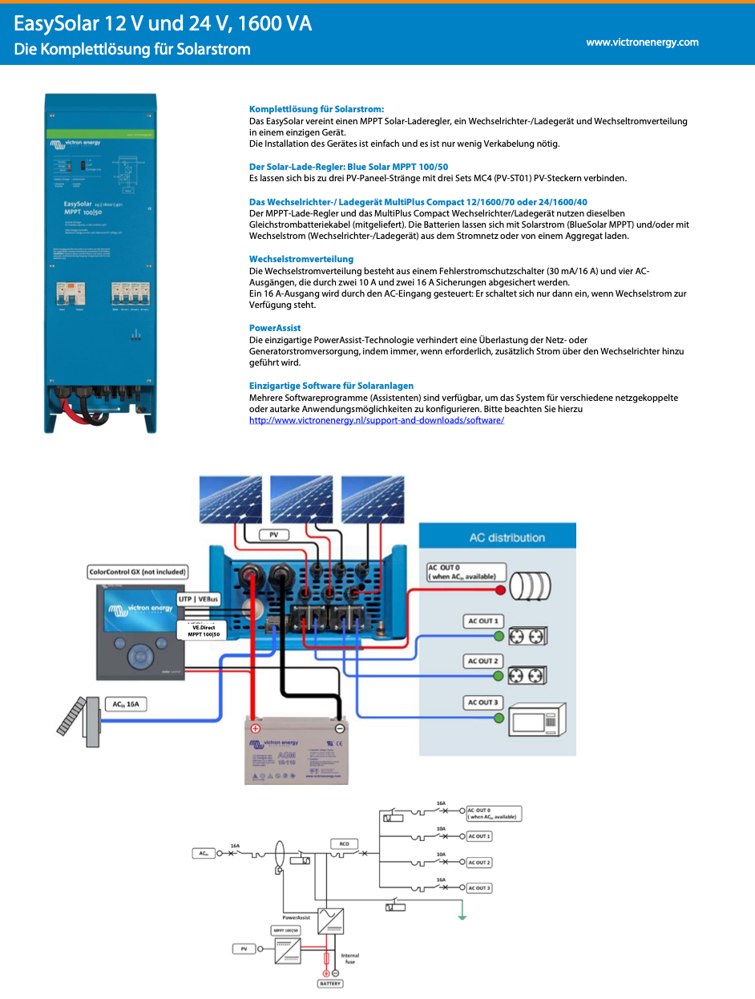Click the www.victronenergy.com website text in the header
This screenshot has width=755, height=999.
(642, 42)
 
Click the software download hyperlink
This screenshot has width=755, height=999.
(377, 420)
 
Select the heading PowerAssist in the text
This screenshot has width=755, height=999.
(275, 328)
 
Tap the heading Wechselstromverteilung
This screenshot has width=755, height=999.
(301, 259)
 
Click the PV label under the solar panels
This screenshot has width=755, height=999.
(274, 534)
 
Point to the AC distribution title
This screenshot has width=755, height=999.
(507, 538)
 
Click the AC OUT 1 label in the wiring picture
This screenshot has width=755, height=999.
(483, 621)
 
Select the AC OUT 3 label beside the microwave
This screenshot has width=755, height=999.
(483, 702)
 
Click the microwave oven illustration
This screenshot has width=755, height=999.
(538, 718)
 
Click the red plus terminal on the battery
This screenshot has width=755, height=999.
(256, 729)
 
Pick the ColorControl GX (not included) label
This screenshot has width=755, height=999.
(137, 572)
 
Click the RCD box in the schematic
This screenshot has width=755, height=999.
(342, 844)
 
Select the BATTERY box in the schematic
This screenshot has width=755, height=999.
(331, 984)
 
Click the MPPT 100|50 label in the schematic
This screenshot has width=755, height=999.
(285, 931)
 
